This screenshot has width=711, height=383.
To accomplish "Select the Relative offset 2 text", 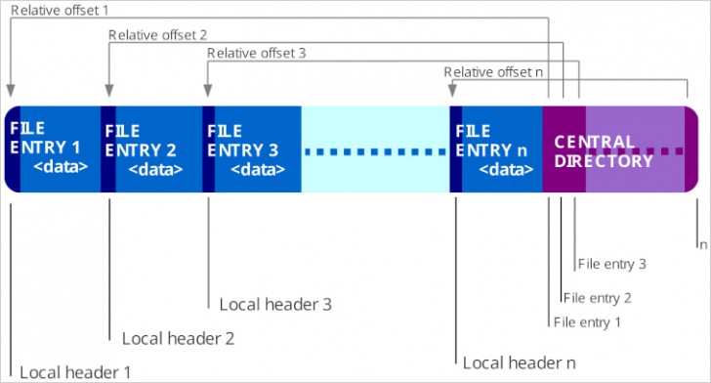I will pos(157,34).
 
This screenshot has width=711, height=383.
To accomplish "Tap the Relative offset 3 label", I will pos(256,54).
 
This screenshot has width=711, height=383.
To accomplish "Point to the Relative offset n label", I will pos(494,72).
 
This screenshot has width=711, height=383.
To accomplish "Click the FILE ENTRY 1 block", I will pos(53,149).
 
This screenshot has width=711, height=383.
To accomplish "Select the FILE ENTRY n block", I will pos(499,149).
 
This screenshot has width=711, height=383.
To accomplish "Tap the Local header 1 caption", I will pos(75,371).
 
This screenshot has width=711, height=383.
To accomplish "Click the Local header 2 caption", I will pos(178,338).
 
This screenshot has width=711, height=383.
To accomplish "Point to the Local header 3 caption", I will pos(275,305).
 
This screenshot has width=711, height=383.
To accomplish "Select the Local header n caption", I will pos(519,362).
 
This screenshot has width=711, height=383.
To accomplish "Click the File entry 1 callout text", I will pos(586,321).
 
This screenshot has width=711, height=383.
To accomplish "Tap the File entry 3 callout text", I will pos(611,264).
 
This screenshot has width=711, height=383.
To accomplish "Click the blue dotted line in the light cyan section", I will pos(374,151).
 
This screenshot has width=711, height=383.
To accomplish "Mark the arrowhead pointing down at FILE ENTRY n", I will pos(453,91).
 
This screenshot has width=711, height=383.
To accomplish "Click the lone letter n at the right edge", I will pos(702,244).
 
